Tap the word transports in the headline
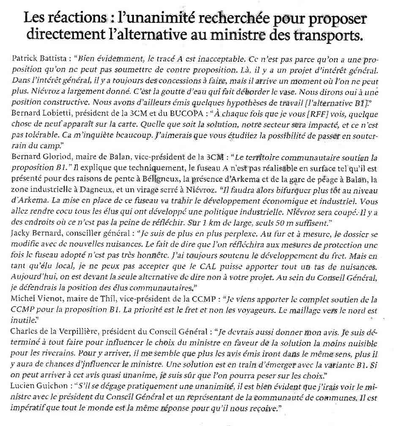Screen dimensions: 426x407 328,34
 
